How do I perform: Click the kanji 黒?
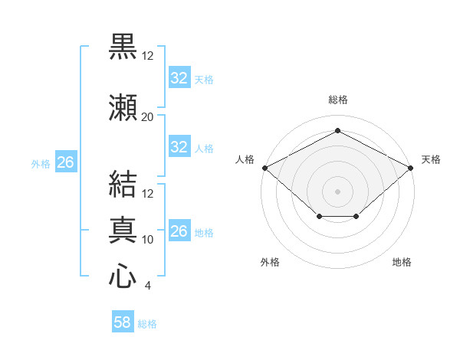coord(123,46)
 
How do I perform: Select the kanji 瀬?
coord(123,107)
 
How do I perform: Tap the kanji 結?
coord(123,184)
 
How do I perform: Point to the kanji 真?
coord(123,230)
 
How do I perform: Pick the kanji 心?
coord(123,276)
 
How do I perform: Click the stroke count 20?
coord(147,117)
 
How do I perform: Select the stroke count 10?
coord(147,240)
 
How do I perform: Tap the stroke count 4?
coord(147,286)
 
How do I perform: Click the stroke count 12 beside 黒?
coord(147,56)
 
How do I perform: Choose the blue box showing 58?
coord(123,321)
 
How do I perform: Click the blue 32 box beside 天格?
coord(179,77)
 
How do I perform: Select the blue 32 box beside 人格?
coord(179,146)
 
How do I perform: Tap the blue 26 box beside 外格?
coord(66,162)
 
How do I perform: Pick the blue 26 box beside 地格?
coord(179,230)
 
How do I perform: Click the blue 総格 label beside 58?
coord(147,324)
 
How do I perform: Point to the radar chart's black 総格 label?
coord(338,100)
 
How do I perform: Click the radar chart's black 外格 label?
coord(270,262)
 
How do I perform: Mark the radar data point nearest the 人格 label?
coord(265,168)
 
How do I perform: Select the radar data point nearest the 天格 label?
coord(411,168)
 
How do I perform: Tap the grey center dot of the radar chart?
coord(337,191)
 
